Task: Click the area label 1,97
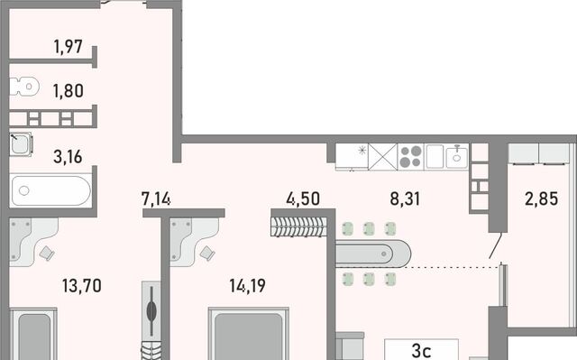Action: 69,47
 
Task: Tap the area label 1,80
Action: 69,91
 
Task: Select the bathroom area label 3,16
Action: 68,157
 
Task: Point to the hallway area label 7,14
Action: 156,198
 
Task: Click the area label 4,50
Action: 303,198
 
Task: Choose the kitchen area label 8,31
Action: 405,198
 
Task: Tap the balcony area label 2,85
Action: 541,198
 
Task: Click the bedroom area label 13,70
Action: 82,286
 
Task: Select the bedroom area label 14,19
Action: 247,286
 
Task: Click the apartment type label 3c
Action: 421,351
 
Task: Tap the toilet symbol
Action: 24,87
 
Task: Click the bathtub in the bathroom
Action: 50,190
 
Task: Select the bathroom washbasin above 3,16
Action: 21,144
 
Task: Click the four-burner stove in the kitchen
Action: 411,157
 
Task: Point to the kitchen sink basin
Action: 457,157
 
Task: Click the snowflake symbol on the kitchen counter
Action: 362,150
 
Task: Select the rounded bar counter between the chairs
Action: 373,254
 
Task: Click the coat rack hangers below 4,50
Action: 298,226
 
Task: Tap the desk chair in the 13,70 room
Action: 47,254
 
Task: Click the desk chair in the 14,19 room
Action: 207,253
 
